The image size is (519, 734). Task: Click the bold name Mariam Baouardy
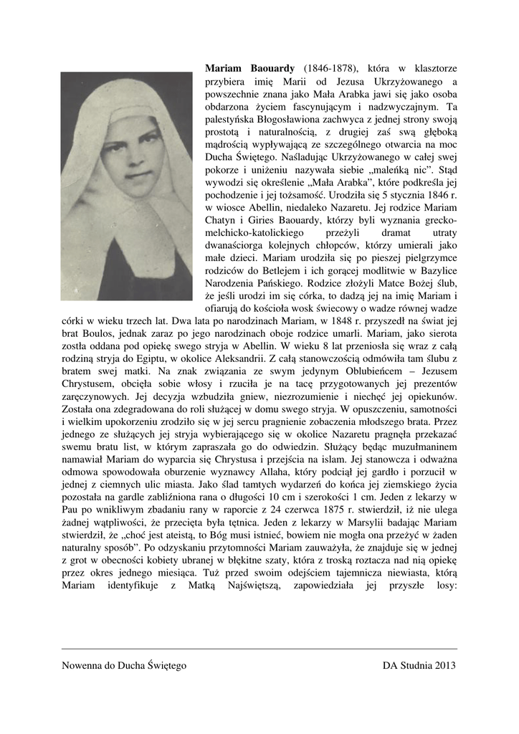245,68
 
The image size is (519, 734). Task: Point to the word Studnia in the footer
414,665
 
